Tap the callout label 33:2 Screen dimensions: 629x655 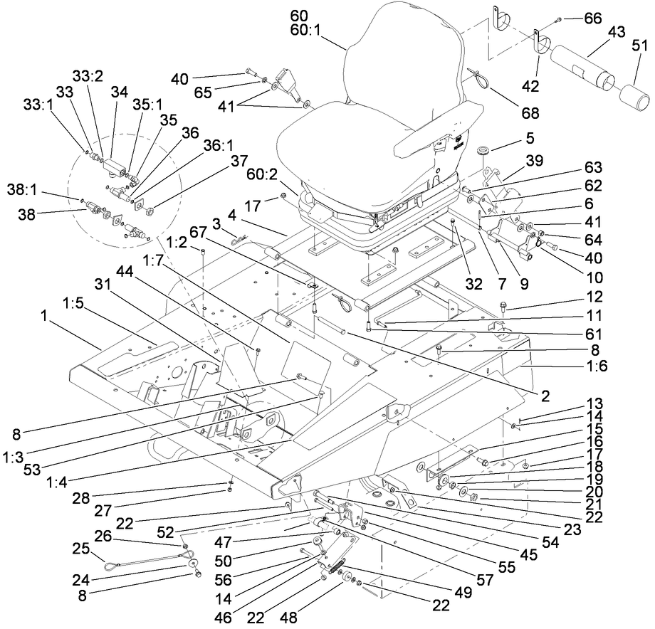(88, 75)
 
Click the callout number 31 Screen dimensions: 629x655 (104, 284)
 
